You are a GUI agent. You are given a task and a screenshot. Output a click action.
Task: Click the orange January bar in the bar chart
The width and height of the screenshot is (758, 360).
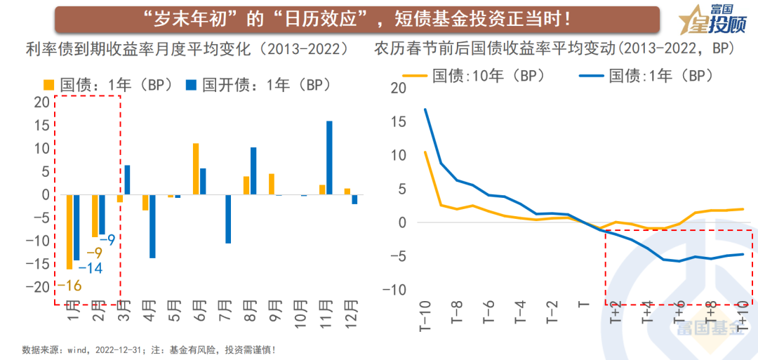[69, 232]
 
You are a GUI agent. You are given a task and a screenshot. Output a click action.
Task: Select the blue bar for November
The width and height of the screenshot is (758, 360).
[329, 158]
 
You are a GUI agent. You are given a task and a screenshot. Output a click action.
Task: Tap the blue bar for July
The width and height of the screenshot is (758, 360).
[227, 219]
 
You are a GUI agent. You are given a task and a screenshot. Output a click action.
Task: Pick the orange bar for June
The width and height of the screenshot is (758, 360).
[196, 169]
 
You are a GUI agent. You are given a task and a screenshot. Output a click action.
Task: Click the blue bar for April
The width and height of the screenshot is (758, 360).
[152, 226]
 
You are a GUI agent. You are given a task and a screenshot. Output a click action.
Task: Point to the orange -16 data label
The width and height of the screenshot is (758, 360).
[69, 285]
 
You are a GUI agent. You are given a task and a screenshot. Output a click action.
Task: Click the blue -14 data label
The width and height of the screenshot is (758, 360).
[91, 268]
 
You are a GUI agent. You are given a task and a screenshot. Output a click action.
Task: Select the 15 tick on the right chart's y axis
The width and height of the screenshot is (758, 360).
[397, 122]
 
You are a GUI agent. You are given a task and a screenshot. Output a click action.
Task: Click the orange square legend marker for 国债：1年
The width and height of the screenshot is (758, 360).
[49, 85]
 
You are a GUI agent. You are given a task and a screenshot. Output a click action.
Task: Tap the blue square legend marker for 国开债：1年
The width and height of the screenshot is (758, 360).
[190, 85]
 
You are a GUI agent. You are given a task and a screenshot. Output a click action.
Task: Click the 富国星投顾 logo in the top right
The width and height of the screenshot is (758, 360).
[709, 21]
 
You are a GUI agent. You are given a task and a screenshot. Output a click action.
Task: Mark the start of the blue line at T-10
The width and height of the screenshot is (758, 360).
[425, 109]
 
